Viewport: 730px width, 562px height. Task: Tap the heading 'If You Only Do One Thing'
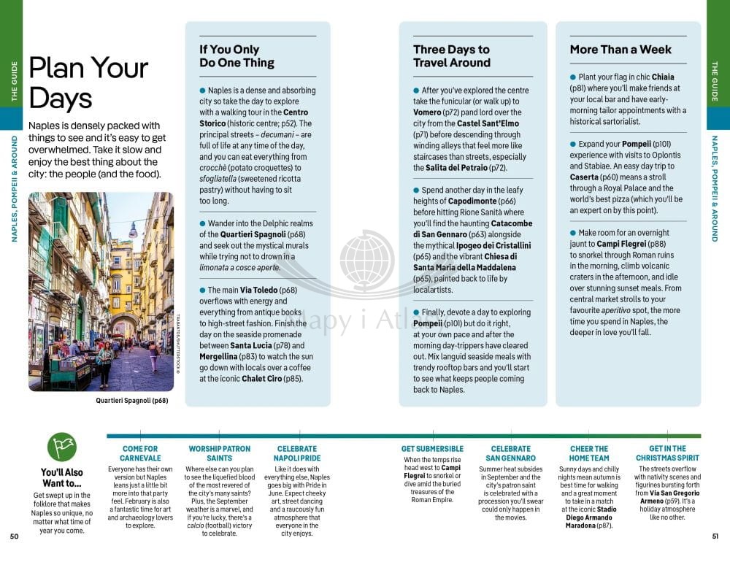pos(237,56)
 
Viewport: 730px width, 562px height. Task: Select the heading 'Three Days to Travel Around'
pos(451,56)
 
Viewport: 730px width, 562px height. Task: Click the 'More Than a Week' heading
pos(620,50)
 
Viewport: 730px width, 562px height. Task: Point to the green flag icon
pos(62,446)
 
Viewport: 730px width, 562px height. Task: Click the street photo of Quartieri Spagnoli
pos(101,291)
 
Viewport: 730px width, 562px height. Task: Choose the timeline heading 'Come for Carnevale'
pos(140,453)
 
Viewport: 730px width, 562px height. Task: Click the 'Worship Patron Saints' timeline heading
pos(219,453)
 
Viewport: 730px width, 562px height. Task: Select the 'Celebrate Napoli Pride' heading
pos(297,453)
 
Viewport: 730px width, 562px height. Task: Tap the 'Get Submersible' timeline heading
pos(432,449)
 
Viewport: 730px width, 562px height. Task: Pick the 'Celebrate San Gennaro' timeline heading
pos(511,453)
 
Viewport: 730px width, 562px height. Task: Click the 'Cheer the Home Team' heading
pos(588,453)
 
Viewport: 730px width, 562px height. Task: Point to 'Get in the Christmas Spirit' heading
pos(667,453)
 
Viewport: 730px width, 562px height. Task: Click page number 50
pos(14,537)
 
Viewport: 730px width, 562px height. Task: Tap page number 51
pos(715,537)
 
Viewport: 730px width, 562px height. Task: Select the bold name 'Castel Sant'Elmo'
pos(488,124)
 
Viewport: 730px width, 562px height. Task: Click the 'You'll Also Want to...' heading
pos(62,477)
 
